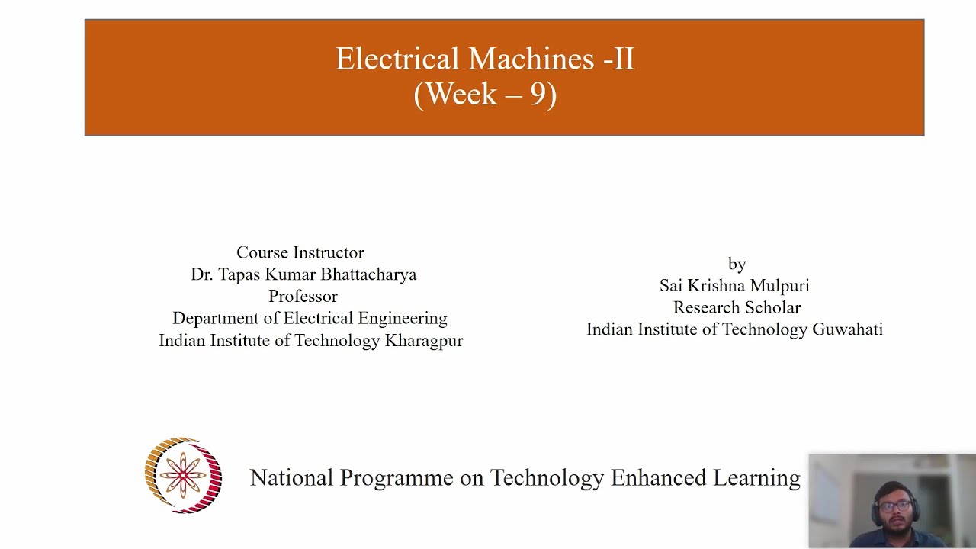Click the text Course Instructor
[300, 252]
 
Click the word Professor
[303, 297]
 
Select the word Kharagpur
[424, 341]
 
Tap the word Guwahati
[847, 329]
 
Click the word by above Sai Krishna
[737, 264]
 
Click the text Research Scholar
[737, 308]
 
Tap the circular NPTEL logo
[183, 476]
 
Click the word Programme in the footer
[396, 478]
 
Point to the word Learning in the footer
[756, 478]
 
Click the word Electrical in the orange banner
[397, 59]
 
